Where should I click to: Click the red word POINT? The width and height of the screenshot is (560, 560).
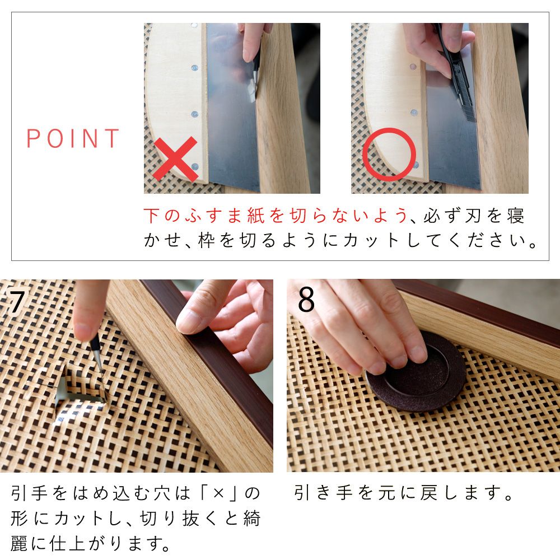73,138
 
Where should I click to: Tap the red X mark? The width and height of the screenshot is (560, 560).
175,159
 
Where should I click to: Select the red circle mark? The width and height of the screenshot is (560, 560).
389,154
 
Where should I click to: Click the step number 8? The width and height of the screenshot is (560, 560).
306,301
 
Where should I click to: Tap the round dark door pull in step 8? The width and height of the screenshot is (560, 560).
417,372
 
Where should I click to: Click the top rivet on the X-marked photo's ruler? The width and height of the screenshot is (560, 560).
194,26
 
